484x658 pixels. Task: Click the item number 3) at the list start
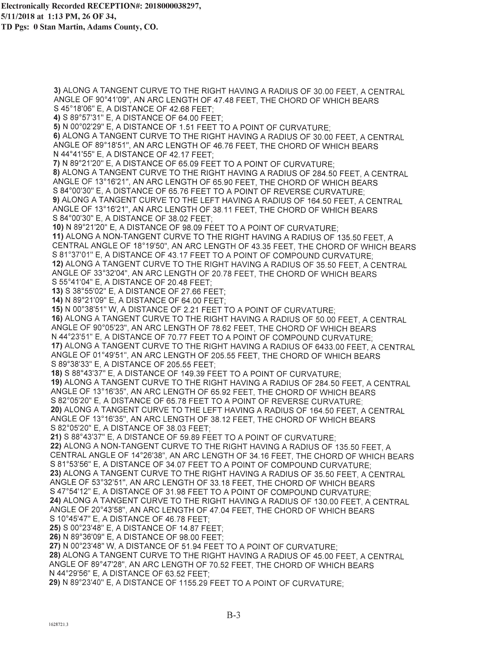(x=58, y=91)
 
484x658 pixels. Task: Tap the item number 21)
(x=56, y=437)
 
